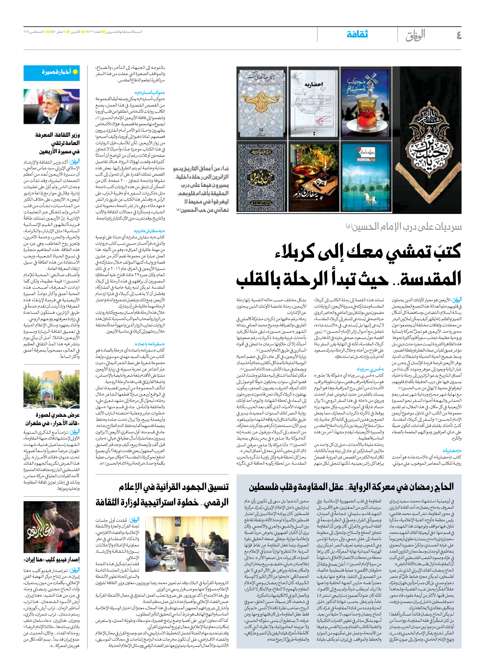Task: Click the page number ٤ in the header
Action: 459,35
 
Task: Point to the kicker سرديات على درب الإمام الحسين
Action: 404,227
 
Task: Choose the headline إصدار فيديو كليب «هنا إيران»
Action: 52,559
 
